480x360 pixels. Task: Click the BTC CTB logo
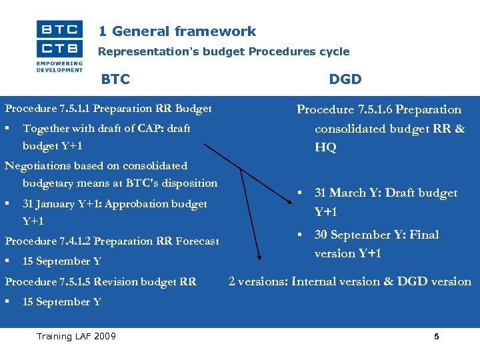pyautogui.click(x=59, y=45)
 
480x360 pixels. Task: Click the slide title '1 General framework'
pyautogui.click(x=177, y=31)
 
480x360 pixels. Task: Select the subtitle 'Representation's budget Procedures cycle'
pyautogui.click(x=223, y=51)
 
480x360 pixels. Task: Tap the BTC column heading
pyautogui.click(x=115, y=79)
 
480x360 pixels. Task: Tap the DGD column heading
pyautogui.click(x=345, y=79)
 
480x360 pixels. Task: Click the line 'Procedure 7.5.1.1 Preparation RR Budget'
pyautogui.click(x=108, y=108)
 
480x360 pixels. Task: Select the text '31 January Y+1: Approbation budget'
pyautogui.click(x=115, y=203)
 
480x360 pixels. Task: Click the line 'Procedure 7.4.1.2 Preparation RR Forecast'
pyautogui.click(x=111, y=241)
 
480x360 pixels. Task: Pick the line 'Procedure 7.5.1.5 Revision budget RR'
pyautogui.click(x=101, y=281)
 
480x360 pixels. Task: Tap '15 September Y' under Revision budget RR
pyautogui.click(x=62, y=301)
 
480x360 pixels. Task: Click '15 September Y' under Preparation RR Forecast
pyautogui.click(x=62, y=261)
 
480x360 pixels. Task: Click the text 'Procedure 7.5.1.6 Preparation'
pyautogui.click(x=379, y=109)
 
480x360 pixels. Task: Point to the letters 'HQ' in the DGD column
pyautogui.click(x=325, y=147)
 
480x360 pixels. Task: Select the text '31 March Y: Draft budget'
pyautogui.click(x=385, y=193)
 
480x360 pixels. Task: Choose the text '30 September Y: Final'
pyautogui.click(x=377, y=235)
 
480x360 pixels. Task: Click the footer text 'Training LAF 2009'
pyautogui.click(x=76, y=336)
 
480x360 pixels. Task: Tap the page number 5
pyautogui.click(x=436, y=337)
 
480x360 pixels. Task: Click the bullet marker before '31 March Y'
pyautogui.click(x=301, y=193)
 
